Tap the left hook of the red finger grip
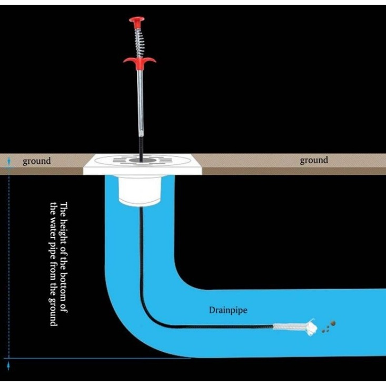pyautogui.click(x=127, y=62)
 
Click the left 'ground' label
pyautogui.click(x=37, y=161)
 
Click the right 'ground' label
pyautogui.click(x=313, y=160)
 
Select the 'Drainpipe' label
pyautogui.click(x=227, y=310)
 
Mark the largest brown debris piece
pyautogui.click(x=332, y=323)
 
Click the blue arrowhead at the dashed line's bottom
pyautogui.click(x=8, y=363)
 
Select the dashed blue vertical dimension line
pyautogui.click(x=8, y=263)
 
